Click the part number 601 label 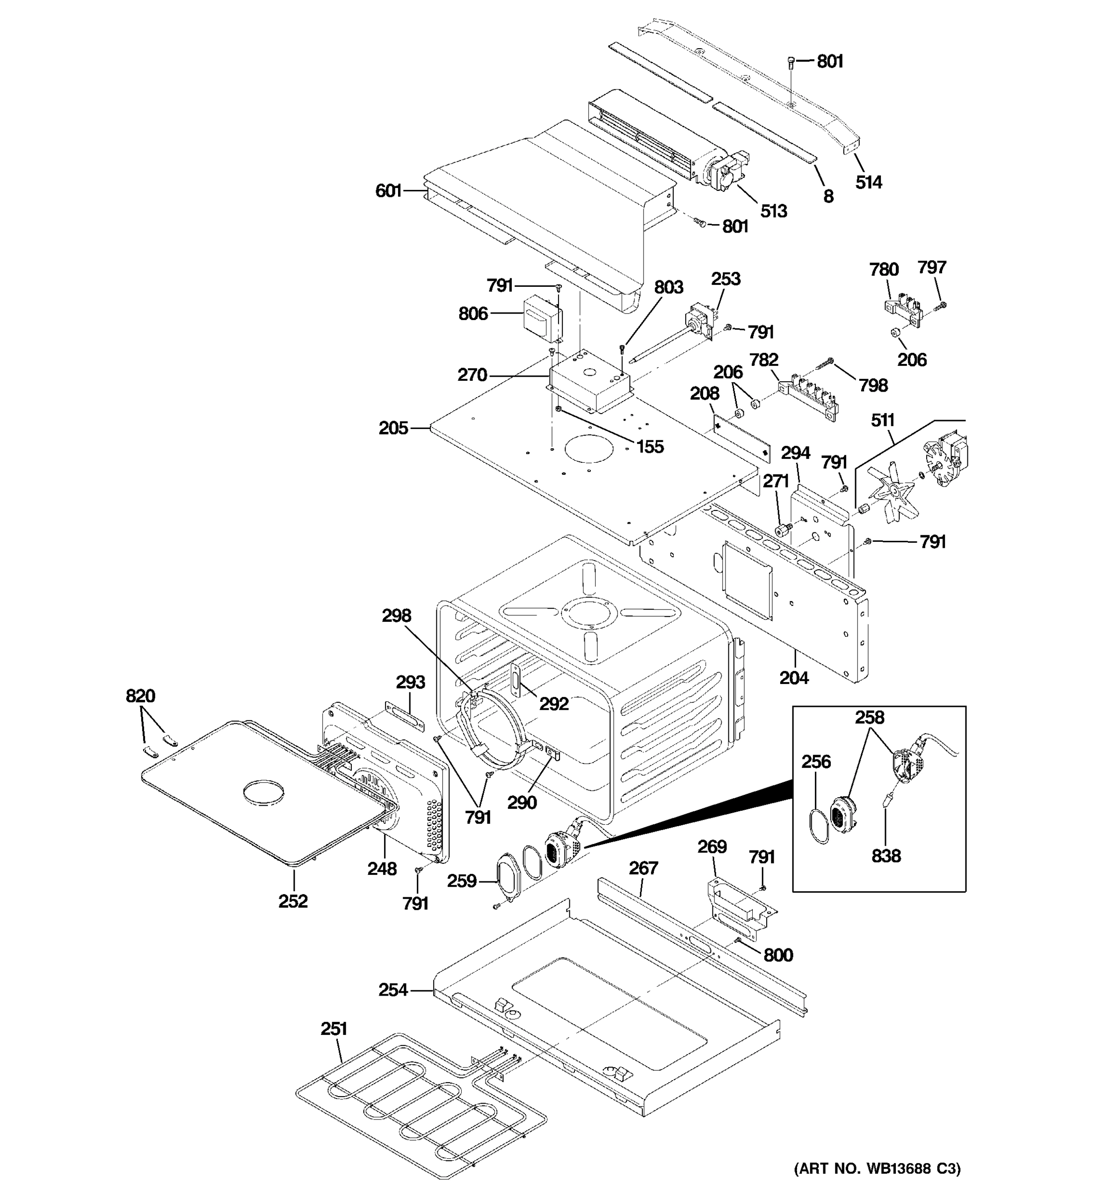[388, 191]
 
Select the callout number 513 [773, 211]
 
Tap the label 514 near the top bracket [869, 182]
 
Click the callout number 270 [472, 375]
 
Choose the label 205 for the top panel [393, 428]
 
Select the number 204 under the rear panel [794, 678]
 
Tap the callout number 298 [397, 616]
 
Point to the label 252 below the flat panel [293, 901]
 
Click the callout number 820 [140, 696]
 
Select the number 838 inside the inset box [886, 856]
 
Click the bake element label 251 [333, 1029]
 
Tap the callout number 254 [393, 990]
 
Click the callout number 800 [778, 955]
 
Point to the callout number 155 [650, 446]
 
